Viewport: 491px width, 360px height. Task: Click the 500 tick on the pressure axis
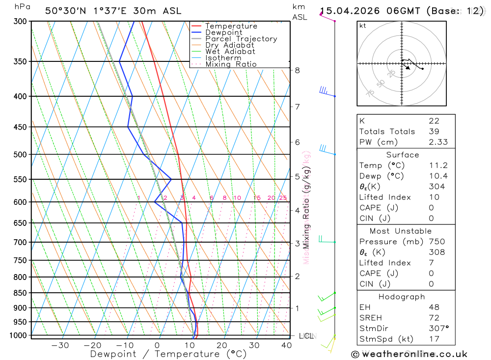(x=20, y=154)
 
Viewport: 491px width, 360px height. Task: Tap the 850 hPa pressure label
(x=20, y=293)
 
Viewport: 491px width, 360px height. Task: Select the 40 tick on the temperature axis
(x=286, y=345)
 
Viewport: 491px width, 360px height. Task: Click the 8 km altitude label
(x=297, y=70)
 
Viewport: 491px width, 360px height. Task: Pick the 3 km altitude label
(x=297, y=243)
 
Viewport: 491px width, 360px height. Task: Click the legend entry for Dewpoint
(x=224, y=32)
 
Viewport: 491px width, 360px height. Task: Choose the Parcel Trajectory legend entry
(x=241, y=39)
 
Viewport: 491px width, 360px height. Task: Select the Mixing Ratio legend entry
(x=231, y=64)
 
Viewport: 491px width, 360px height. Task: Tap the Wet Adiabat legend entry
(x=230, y=51)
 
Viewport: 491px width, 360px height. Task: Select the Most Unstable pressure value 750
(x=436, y=242)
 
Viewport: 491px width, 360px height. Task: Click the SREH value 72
(x=434, y=318)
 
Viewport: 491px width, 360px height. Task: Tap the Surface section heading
(x=402, y=155)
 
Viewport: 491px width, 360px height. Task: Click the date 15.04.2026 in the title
(x=348, y=11)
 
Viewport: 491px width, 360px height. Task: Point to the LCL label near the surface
(x=306, y=336)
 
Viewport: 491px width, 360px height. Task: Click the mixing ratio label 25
(x=283, y=198)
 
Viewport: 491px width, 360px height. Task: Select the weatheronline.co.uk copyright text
(x=409, y=354)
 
